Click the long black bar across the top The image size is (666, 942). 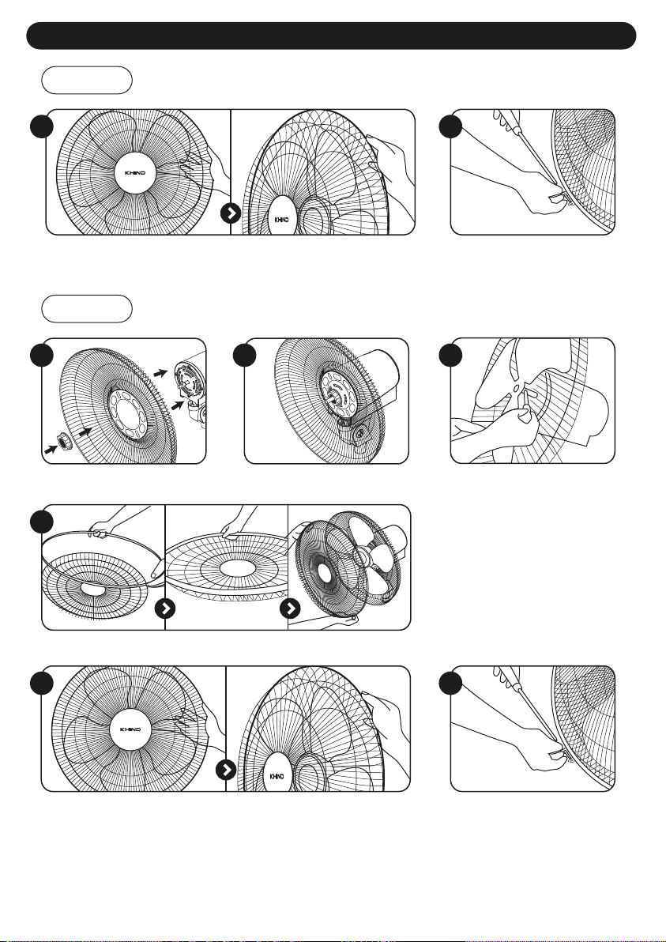[332, 36]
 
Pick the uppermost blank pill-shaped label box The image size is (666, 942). [88, 81]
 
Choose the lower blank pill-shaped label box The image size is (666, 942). [88, 308]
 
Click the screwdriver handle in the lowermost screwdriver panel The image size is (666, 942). [502, 680]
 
